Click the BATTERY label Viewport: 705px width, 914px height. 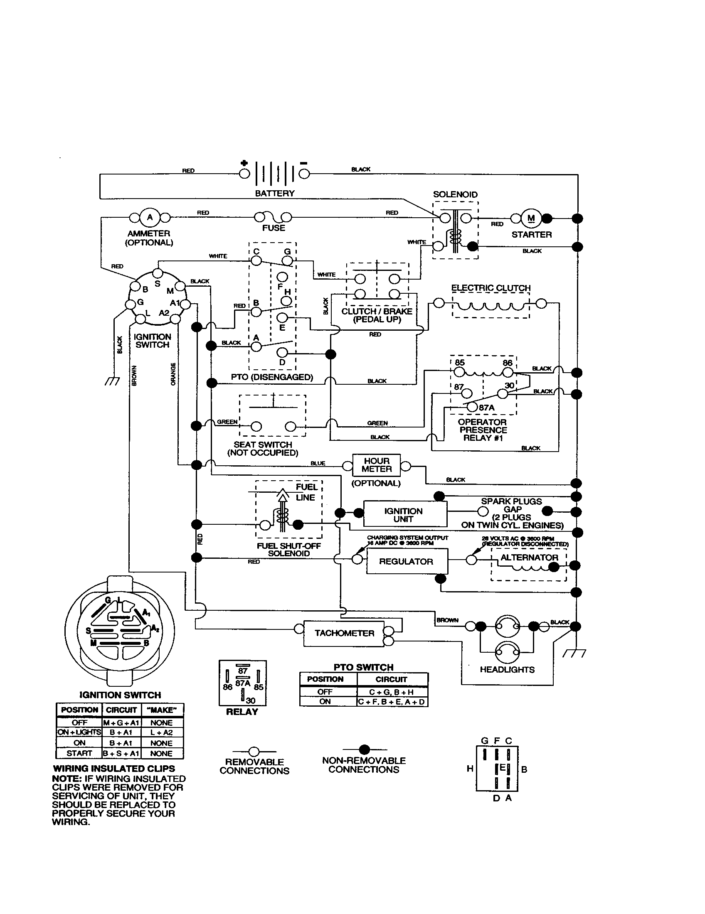point(275,193)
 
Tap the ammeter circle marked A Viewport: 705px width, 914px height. point(150,217)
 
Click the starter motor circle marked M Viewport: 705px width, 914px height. point(531,218)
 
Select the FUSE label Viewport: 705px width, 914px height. point(274,228)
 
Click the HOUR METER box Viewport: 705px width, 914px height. point(376,465)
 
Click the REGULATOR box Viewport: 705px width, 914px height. point(407,562)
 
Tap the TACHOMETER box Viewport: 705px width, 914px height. point(344,633)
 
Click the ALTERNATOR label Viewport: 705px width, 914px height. point(529,558)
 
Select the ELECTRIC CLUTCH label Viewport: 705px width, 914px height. point(491,288)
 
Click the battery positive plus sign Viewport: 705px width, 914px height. point(244,163)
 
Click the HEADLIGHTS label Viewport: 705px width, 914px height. point(507,670)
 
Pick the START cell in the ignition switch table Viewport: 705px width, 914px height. point(79,753)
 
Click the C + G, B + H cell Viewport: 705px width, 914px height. point(392,692)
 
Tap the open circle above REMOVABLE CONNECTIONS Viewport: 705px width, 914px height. point(254,752)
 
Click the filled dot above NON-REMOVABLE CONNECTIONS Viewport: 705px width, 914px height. point(365,749)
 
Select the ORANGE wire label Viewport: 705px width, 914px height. point(173,374)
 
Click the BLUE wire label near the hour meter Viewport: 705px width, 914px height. point(318,463)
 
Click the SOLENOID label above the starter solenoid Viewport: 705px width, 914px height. point(455,194)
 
